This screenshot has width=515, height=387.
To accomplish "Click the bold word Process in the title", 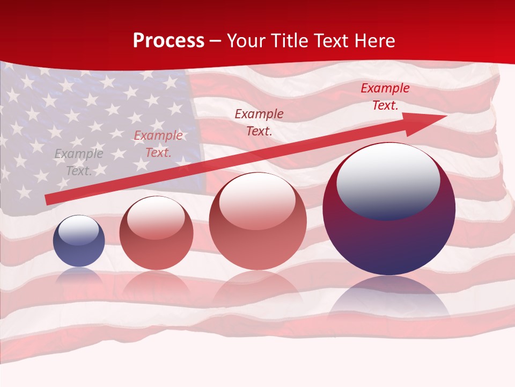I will point(168,41).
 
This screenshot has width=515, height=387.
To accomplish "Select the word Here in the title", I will point(374,41).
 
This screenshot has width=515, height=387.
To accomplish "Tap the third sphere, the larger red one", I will point(257,221).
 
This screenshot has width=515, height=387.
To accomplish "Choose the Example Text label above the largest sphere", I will point(385,97).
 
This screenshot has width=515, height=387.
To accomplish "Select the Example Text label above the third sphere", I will point(259,122).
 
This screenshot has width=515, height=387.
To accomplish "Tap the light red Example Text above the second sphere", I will point(158,144).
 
